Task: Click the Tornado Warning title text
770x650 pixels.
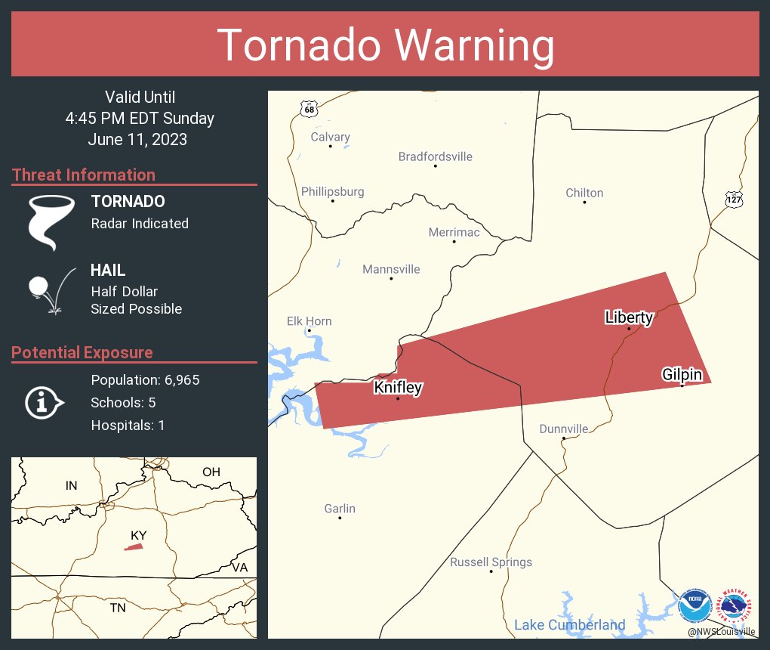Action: [x=386, y=45]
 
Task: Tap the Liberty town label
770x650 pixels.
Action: [x=629, y=317]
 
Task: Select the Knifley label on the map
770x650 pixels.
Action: [x=398, y=388]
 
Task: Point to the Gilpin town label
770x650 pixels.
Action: [x=682, y=375]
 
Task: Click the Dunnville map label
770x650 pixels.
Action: [x=563, y=429]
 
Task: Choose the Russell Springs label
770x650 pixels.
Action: [x=491, y=562]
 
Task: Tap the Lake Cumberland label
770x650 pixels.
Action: [x=569, y=625]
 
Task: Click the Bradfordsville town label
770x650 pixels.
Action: [x=436, y=156]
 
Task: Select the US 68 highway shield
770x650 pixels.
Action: [x=308, y=109]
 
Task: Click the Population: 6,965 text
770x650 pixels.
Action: [x=145, y=380]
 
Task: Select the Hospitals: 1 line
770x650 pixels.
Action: [x=128, y=426]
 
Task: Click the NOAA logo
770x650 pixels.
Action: [x=695, y=605]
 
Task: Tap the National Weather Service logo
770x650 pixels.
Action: [x=737, y=605]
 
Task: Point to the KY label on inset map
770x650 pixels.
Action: [x=138, y=535]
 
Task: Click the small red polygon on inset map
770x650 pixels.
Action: [x=134, y=546]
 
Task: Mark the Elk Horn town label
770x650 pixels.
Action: [x=309, y=321]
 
